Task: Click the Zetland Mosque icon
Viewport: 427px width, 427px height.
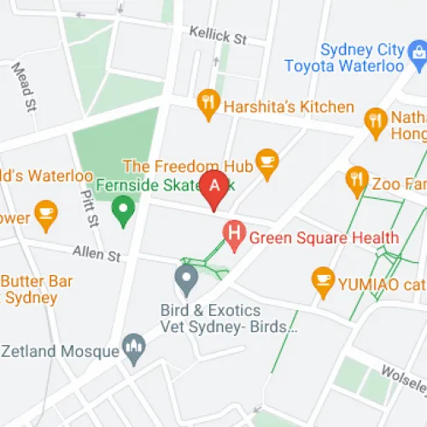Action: click(x=132, y=346)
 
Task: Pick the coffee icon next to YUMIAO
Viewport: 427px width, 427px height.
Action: click(x=322, y=278)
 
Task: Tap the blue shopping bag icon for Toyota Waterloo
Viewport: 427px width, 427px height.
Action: click(x=418, y=53)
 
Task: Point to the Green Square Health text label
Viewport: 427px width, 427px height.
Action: click(x=325, y=237)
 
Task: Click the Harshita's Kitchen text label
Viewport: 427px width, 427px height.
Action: click(x=289, y=107)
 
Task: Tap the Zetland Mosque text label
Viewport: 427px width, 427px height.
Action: click(x=60, y=350)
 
